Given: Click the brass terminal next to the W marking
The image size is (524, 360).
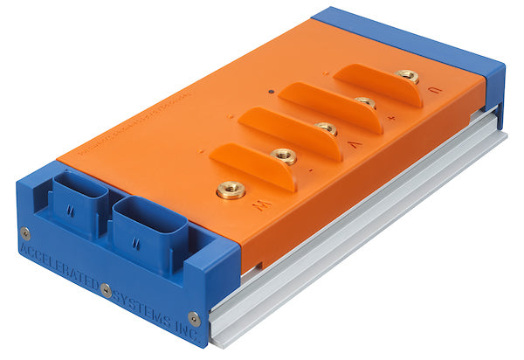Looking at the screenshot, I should point(231,188).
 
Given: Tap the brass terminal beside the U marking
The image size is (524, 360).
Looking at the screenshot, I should point(408,76).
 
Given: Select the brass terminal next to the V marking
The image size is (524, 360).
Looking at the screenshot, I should point(327,128).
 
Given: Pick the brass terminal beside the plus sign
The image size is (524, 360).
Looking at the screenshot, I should point(366,103).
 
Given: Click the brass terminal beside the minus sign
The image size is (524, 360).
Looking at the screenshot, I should point(283,156).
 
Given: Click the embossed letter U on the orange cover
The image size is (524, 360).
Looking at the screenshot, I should point(434,91).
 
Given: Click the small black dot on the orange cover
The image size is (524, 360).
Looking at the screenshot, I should point(272,90).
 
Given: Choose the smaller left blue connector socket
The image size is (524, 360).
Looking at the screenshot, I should point(79,204).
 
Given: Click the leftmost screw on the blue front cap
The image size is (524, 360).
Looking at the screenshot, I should point(24,232).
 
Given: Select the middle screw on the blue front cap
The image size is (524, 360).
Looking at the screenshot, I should point(106,288).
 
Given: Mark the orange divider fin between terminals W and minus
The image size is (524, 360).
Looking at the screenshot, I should point(252,165).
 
